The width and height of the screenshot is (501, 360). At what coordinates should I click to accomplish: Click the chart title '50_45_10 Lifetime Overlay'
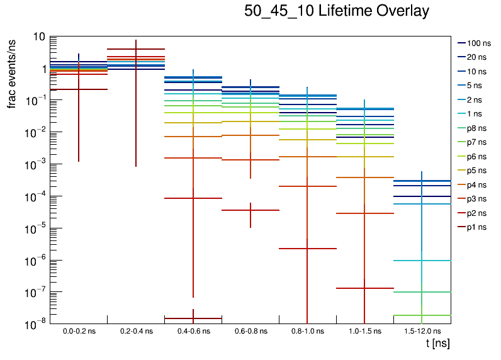[x=337, y=11]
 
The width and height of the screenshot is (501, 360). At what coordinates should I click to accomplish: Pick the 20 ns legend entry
[x=477, y=57]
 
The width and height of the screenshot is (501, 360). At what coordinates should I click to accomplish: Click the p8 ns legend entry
[x=477, y=128]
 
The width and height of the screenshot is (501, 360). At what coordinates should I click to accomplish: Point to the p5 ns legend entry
[x=477, y=171]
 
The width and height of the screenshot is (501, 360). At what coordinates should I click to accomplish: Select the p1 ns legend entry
[x=477, y=227]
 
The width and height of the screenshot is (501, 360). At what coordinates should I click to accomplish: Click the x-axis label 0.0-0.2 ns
[x=78, y=331]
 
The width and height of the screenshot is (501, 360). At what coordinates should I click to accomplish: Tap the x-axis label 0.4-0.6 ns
[x=193, y=331]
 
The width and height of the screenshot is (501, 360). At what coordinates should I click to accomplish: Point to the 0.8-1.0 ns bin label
[x=307, y=331]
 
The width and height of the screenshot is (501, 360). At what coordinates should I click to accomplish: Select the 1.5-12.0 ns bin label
[x=422, y=331]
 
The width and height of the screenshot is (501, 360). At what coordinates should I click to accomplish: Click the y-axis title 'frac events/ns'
[x=12, y=72]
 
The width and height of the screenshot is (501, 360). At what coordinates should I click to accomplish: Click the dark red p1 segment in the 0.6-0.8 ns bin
[x=250, y=210]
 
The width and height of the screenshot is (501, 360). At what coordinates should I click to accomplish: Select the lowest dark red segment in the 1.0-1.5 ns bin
[x=364, y=288]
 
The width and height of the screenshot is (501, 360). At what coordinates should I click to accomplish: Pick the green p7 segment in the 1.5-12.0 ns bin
[x=422, y=315]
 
